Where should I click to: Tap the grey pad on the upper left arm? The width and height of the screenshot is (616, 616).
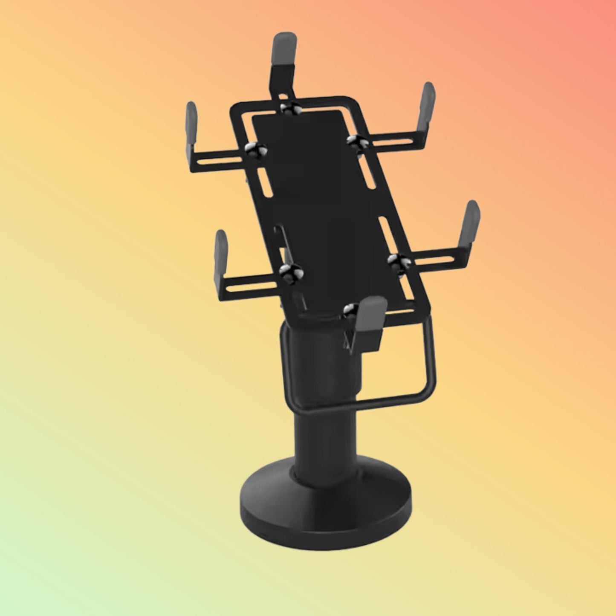[x=191, y=128]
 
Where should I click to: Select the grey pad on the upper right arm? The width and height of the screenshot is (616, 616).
[x=428, y=107]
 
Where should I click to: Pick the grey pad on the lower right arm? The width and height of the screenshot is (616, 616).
[x=472, y=225]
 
